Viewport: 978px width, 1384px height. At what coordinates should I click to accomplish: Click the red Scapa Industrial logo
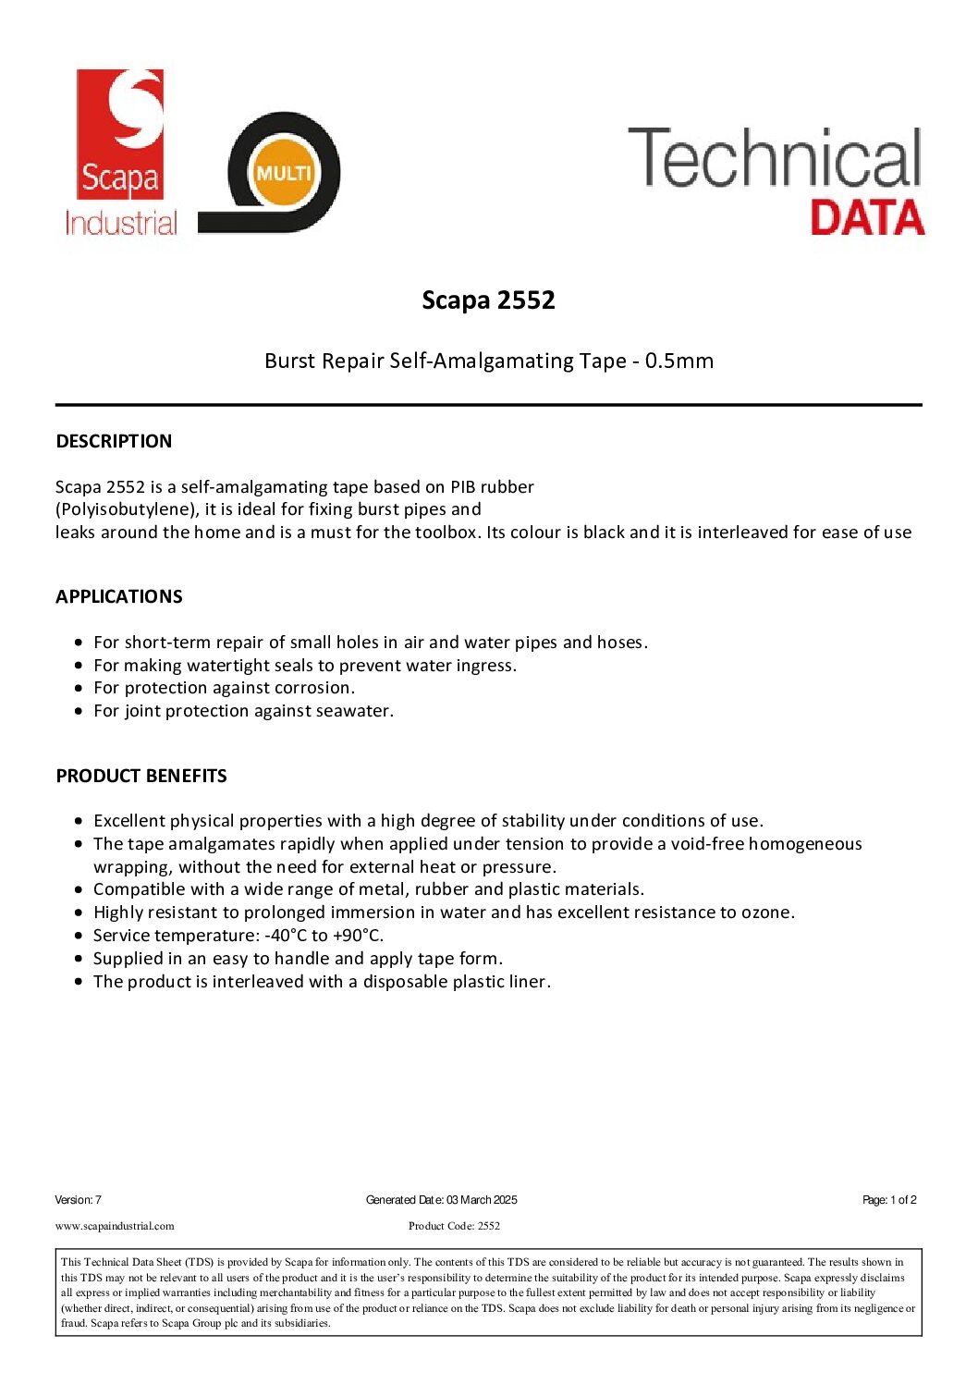120,153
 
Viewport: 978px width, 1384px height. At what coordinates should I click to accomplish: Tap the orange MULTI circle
284,173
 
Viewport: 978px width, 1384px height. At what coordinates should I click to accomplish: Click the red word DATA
867,218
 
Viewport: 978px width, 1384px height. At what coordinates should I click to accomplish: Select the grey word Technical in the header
775,158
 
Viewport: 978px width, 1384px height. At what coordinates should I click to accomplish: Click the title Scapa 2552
488,300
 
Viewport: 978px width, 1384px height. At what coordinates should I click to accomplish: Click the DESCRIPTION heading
114,441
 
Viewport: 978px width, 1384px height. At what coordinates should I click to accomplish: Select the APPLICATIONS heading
119,596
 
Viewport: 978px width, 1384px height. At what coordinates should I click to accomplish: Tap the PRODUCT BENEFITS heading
141,776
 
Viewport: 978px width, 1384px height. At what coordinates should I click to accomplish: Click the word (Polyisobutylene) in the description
128,509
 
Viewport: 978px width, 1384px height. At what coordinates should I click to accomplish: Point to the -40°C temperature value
286,936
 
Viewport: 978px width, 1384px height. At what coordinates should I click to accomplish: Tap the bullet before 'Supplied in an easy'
80,959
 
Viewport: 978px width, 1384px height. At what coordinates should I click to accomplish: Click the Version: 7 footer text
78,1200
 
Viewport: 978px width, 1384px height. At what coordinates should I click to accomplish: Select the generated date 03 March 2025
482,1200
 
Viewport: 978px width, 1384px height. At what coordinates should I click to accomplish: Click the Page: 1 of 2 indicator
889,1200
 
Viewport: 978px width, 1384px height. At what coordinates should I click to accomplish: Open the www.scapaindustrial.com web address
115,1226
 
